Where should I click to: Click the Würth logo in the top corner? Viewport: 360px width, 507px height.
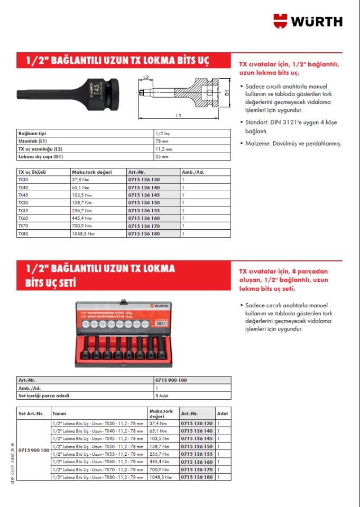308,21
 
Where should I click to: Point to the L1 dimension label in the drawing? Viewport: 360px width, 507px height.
179,115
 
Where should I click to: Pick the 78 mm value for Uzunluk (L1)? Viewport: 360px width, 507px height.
161,141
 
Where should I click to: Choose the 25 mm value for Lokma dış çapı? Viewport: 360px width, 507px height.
161,156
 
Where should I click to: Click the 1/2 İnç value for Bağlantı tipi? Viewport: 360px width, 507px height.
162,134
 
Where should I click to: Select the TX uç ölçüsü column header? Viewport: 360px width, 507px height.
33,172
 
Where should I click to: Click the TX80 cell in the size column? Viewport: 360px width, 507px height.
24,233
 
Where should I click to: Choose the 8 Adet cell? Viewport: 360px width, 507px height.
162,395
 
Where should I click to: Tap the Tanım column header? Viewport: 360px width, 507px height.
59,414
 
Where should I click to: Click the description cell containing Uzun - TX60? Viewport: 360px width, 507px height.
98,462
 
